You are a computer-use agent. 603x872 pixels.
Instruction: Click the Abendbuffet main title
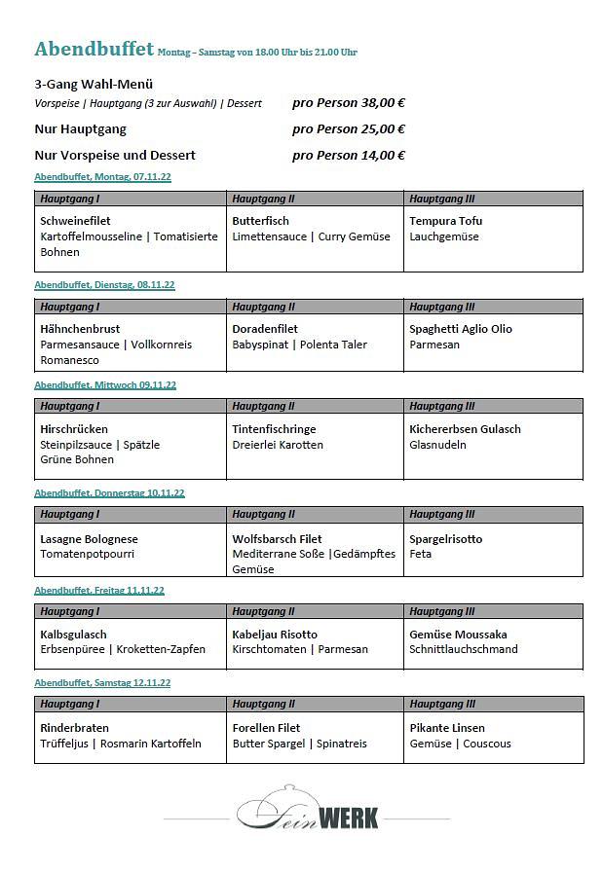(x=94, y=50)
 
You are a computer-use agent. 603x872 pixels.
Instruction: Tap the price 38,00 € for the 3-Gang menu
(x=349, y=102)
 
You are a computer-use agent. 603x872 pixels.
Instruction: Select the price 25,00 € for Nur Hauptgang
(x=349, y=128)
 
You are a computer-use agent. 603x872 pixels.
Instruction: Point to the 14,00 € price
(x=349, y=155)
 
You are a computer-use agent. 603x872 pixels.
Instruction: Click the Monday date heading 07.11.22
(x=102, y=177)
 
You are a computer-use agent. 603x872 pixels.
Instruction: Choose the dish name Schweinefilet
(x=75, y=221)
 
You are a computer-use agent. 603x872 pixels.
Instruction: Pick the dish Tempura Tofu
(x=445, y=221)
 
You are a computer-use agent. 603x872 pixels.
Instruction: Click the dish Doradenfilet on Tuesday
(x=265, y=329)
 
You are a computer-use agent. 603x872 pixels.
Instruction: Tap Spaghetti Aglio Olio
(x=460, y=329)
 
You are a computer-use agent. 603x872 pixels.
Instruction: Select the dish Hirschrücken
(x=74, y=429)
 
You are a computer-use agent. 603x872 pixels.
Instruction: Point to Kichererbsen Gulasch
(x=465, y=429)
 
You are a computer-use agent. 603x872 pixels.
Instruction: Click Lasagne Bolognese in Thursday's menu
(x=89, y=539)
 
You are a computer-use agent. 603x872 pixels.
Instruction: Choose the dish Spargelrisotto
(x=445, y=539)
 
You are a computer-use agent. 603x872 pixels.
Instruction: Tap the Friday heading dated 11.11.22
(x=99, y=591)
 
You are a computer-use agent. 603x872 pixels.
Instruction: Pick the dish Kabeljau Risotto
(x=275, y=635)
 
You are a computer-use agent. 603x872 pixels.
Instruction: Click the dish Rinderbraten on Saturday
(x=74, y=728)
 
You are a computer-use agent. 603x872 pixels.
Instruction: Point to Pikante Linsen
(x=446, y=728)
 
